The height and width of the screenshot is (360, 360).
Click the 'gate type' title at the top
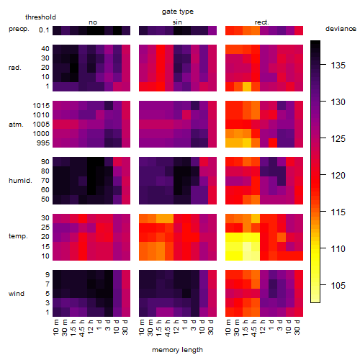178,12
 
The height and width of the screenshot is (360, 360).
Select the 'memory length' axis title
177,350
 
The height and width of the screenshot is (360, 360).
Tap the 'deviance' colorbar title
341,29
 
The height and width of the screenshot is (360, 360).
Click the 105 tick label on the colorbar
338,285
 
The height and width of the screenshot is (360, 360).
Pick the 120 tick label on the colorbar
338,176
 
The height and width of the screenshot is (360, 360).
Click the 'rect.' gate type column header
262,22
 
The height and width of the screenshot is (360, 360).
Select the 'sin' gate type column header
177,22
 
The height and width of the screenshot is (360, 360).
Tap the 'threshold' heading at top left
40,17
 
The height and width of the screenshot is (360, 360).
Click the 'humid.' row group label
20,181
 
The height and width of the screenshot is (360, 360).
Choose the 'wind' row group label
17,294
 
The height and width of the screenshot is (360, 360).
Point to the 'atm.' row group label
16,125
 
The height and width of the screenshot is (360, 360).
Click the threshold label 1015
41,106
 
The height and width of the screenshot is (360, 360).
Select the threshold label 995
43,143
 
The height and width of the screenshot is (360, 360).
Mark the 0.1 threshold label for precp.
44,30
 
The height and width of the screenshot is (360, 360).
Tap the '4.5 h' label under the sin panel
168,328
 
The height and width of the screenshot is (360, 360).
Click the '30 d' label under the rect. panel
297,327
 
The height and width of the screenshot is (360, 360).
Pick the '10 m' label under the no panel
55,328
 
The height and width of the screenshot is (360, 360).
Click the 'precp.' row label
19,29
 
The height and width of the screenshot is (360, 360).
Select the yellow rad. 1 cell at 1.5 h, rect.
247,86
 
